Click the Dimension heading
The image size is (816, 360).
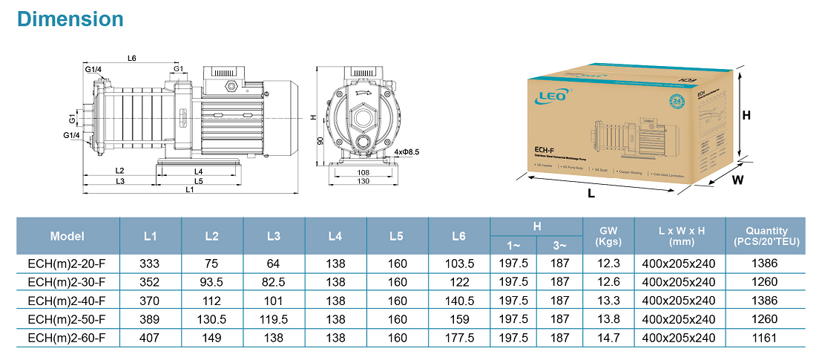(70, 19)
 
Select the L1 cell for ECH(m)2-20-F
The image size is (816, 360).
(150, 264)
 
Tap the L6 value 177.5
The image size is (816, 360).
(458, 338)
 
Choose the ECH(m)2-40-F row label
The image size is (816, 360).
(67, 301)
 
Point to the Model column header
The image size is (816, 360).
(67, 236)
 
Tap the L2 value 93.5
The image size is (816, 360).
(211, 282)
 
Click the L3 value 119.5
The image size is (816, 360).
(273, 319)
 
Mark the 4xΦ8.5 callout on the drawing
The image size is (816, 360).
(406, 152)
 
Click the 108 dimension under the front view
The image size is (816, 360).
(363, 172)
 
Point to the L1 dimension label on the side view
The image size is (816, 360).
(190, 190)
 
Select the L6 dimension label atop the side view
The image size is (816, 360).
(131, 58)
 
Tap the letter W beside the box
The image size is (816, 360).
(738, 180)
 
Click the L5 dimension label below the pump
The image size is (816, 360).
(199, 181)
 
